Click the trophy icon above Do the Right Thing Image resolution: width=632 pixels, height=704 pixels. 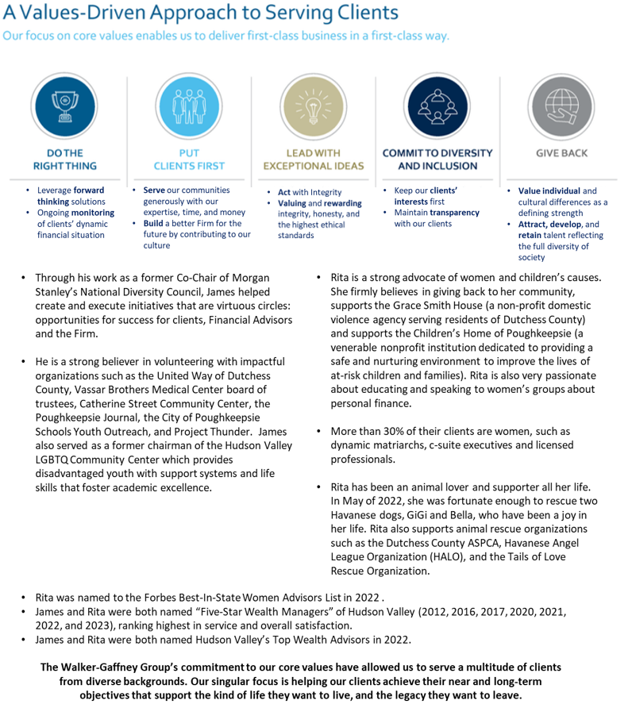point(64,107)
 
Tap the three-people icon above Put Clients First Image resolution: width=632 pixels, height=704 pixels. point(188,107)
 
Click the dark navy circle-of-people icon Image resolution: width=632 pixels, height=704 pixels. point(437,107)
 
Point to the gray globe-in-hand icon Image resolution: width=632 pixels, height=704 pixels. point(561,107)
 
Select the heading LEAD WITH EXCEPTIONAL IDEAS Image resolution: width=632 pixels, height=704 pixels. point(313,160)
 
